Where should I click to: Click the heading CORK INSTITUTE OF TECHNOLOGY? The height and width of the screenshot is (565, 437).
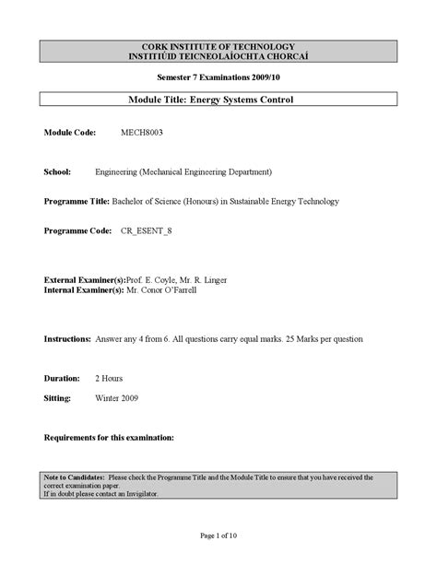218,46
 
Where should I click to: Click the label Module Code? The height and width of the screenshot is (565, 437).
73,133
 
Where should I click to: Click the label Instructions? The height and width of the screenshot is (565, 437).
67,338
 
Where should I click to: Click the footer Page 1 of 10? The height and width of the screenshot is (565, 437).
218,536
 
